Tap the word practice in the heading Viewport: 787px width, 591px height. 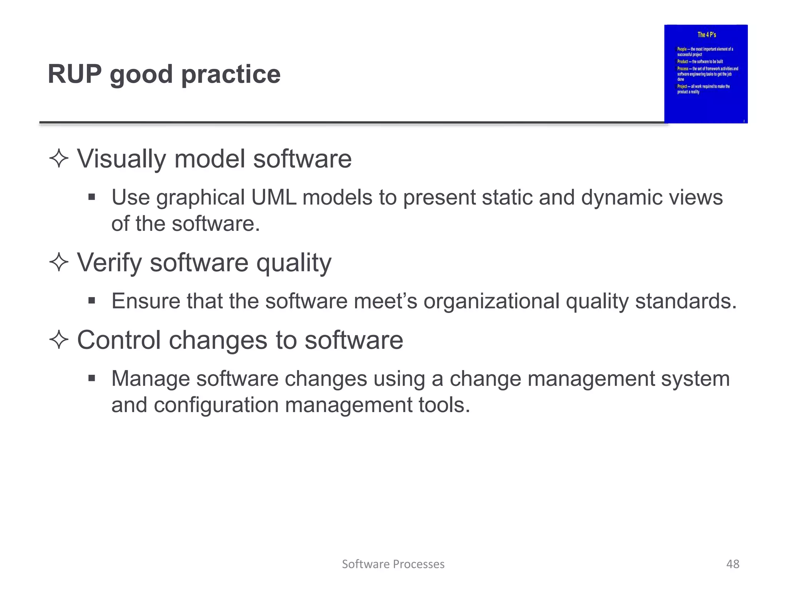231,75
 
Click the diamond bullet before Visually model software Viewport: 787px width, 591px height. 59,159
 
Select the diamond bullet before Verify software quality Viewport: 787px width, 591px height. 59,262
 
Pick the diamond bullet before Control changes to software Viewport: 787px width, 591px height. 59,340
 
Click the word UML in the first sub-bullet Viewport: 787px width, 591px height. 273,198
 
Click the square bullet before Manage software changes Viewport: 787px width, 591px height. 91,379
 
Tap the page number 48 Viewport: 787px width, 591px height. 732,564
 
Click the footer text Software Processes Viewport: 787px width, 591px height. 393,564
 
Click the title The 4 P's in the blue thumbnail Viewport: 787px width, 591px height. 706,35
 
